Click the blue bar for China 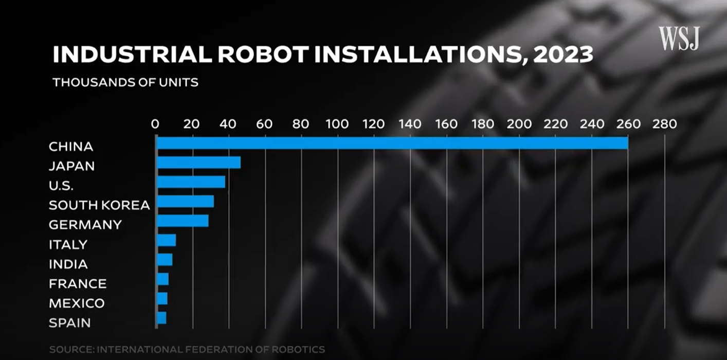pyautogui.click(x=392, y=143)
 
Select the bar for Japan pyautogui.click(x=198, y=163)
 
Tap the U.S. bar pyautogui.click(x=191, y=182)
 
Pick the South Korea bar pyautogui.click(x=185, y=201)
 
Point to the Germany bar pyautogui.click(x=183, y=221)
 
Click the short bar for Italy pyautogui.click(x=166, y=240)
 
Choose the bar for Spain pyautogui.click(x=161, y=318)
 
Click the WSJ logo pyautogui.click(x=679, y=39)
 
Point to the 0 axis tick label pyautogui.click(x=155, y=124)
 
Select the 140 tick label pyautogui.click(x=410, y=124)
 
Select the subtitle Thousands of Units pyautogui.click(x=125, y=82)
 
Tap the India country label pyautogui.click(x=68, y=264)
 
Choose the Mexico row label pyautogui.click(x=77, y=303)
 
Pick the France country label pyautogui.click(x=78, y=284)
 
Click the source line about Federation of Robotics pyautogui.click(x=187, y=350)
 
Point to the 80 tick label pyautogui.click(x=301, y=124)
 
